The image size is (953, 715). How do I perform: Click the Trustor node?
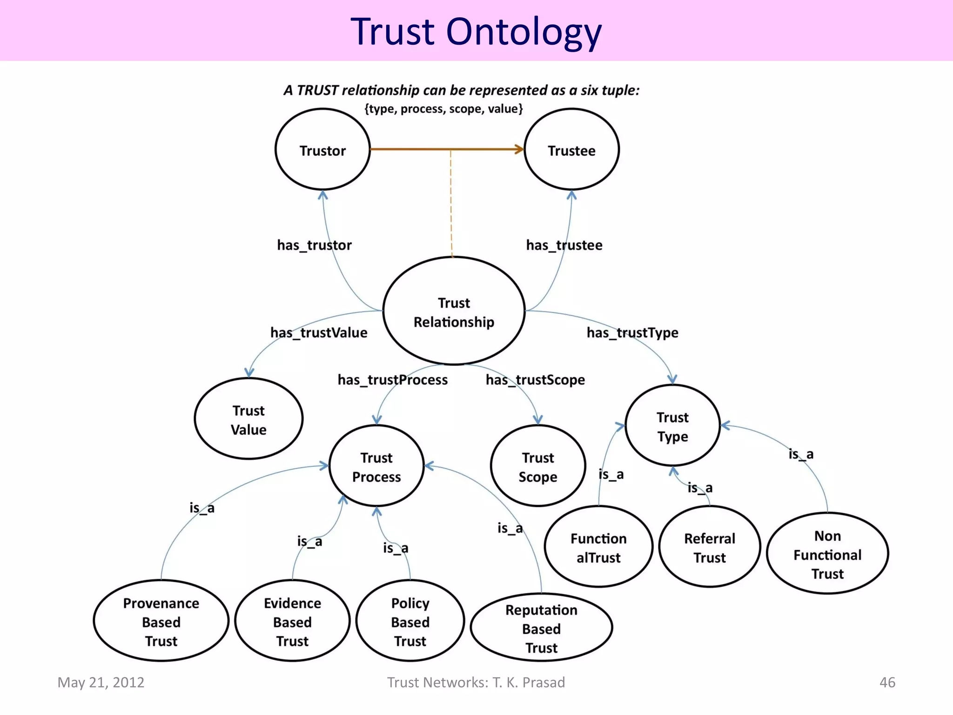pos(322,150)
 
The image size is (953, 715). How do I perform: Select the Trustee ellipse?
pos(571,150)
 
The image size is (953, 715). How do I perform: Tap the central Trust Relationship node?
pos(454,311)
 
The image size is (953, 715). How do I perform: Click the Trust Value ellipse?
pos(248,419)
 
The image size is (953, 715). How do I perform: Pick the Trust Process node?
pos(376,466)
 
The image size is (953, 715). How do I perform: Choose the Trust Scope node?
pos(538,466)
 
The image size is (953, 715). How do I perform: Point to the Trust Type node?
pos(672,426)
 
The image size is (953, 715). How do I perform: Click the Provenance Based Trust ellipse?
pos(161,621)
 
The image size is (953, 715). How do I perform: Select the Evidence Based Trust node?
pos(292,621)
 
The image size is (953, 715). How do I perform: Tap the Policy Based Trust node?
pos(410,621)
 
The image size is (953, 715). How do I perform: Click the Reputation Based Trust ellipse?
pos(541,628)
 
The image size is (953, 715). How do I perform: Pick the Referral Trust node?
pos(709,547)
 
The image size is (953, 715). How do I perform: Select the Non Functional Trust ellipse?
pos(827,554)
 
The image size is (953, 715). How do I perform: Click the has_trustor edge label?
pos(314,245)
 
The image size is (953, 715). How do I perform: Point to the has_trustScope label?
pos(535,380)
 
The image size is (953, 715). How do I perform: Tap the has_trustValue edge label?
pos(319,332)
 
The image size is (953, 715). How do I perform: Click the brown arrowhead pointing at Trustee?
pos(519,149)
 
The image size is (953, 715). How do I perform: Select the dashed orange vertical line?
pos(451,205)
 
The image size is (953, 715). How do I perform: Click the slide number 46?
pos(887,682)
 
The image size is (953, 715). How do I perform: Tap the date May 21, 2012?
pos(101,682)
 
